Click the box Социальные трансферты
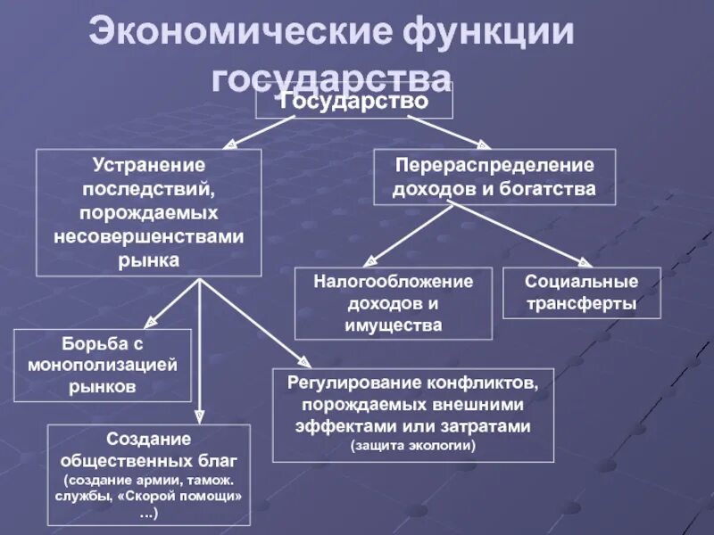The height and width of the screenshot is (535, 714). click(581, 292)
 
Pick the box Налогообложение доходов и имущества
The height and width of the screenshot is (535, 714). click(393, 303)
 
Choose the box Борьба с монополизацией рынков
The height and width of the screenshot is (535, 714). click(103, 366)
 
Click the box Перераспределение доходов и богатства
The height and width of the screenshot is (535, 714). click(494, 177)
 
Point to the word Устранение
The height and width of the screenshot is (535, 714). click(149, 166)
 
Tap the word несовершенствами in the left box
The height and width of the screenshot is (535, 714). click(149, 236)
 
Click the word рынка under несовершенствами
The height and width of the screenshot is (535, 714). click(149, 259)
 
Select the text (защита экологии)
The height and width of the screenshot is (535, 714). click(413, 444)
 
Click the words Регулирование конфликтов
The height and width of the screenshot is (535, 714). click(412, 383)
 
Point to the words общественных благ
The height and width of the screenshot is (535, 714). click(149, 461)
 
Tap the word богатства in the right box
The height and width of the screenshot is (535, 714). click(549, 189)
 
